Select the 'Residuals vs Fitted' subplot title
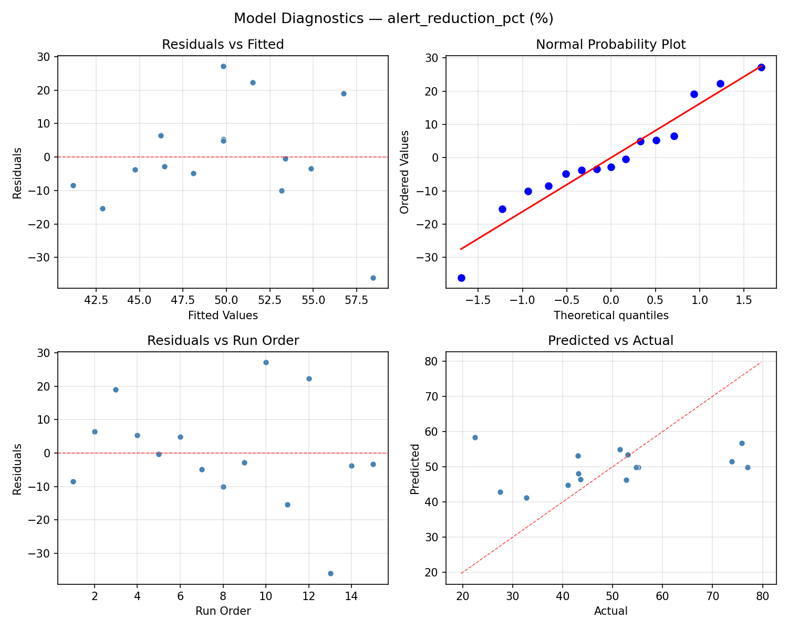click(x=223, y=45)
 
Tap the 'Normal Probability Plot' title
click(x=610, y=45)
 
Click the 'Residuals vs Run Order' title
click(x=223, y=341)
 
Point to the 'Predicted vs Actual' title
click(x=610, y=341)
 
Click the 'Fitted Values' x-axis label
click(x=223, y=316)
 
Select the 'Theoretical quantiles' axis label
click(x=610, y=316)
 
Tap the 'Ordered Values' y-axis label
click(x=404, y=172)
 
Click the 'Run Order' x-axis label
click(x=223, y=611)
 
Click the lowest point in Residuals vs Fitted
click(x=373, y=278)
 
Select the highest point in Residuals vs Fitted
click(x=223, y=66)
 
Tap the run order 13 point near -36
click(x=330, y=573)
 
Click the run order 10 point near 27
click(x=266, y=362)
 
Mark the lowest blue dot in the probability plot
click(x=461, y=278)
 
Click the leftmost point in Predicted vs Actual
click(x=475, y=437)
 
